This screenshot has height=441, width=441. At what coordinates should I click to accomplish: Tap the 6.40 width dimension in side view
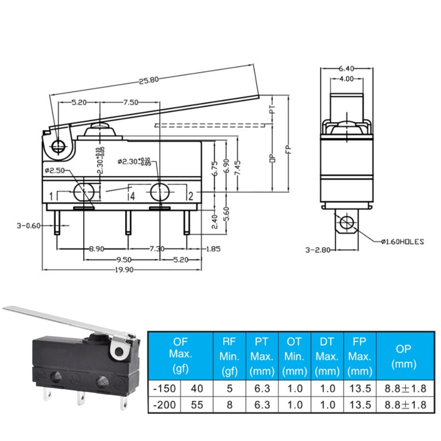[x=346, y=68]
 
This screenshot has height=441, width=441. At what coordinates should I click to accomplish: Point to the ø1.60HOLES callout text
[x=403, y=241]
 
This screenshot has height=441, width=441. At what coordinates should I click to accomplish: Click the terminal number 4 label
[x=131, y=196]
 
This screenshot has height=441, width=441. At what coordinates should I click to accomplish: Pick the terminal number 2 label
[x=190, y=196]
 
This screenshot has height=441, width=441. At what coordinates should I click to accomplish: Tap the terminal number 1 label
[x=50, y=196]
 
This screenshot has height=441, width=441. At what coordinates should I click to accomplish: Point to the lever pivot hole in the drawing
[x=58, y=146]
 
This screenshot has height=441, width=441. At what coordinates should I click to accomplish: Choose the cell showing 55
[x=197, y=404]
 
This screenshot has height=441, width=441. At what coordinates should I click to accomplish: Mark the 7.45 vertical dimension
[x=237, y=166]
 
